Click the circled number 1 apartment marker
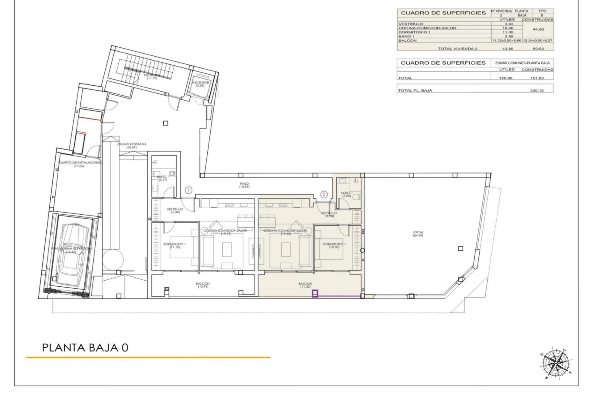click(x=188, y=190)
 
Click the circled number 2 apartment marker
click(x=324, y=194)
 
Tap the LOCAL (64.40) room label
click(x=418, y=234)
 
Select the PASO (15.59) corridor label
click(x=244, y=185)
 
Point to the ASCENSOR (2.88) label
click(x=200, y=84)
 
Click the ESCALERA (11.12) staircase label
click(x=152, y=76)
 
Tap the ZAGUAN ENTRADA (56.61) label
click(x=132, y=145)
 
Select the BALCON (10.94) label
click(x=203, y=285)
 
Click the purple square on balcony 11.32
click(x=315, y=293)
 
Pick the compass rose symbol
click(x=555, y=363)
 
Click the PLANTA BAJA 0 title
click(x=85, y=347)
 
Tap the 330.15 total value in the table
click(x=537, y=91)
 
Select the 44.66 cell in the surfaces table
click(x=538, y=30)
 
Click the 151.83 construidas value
click(x=537, y=78)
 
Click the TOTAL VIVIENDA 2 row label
click(x=457, y=49)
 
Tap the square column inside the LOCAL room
click(x=461, y=248)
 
